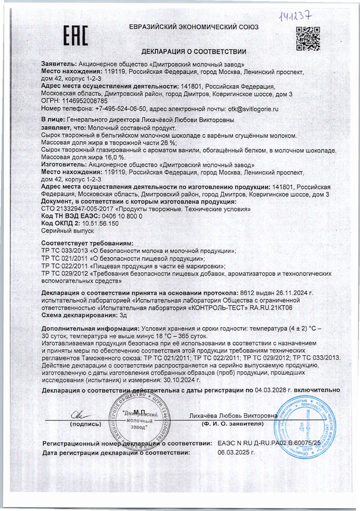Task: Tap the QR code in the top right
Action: click(x=308, y=38)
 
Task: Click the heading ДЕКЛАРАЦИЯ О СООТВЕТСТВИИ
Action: click(x=194, y=51)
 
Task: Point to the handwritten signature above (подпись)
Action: click(x=79, y=414)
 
